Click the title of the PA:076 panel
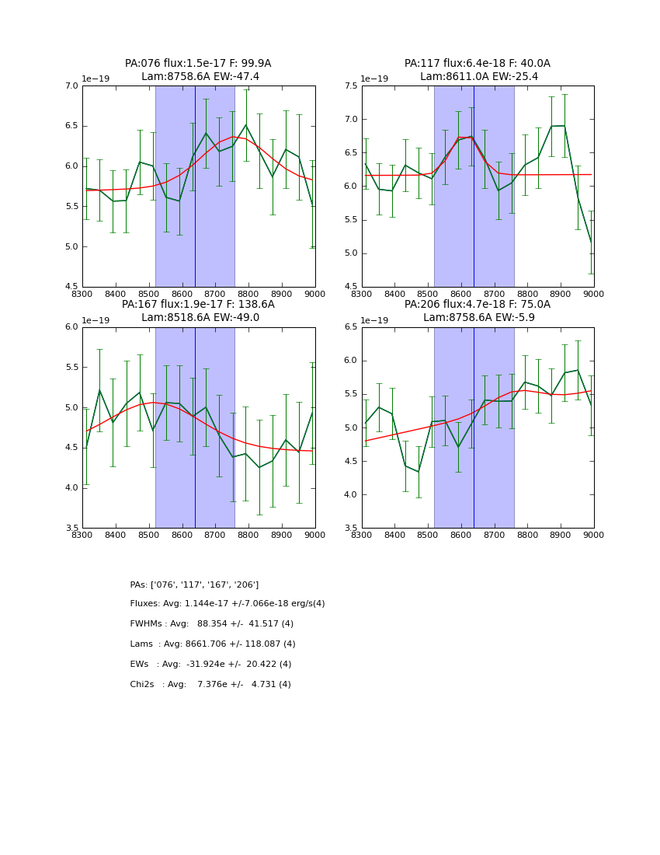198,64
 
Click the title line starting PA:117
477,64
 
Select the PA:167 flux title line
198,305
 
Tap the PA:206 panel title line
477,305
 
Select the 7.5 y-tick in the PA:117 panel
349,85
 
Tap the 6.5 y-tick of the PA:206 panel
349,327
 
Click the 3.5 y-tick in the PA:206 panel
349,529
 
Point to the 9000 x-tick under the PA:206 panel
593,535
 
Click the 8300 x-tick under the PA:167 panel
82,535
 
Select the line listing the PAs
194,585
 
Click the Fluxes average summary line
228,604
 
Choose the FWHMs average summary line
212,624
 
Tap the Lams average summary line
213,644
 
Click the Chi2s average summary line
210,685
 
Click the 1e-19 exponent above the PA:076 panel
97,79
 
